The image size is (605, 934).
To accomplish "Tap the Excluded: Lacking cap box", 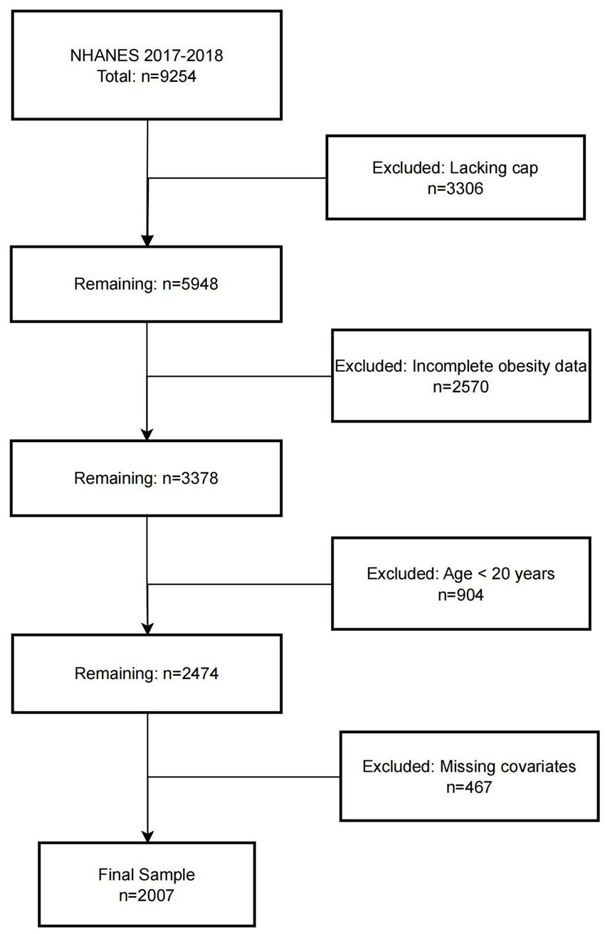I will coord(456,178).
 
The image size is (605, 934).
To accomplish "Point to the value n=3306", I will coord(456,188).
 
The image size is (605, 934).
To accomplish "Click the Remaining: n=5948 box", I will coord(147,283).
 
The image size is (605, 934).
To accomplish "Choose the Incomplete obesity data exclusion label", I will coord(461,367).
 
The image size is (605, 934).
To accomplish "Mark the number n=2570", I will coord(461,385).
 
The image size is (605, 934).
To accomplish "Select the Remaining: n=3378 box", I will coord(147,477).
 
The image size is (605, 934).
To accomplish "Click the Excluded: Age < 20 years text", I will coord(461,574).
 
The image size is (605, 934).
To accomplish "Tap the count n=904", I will coord(461,595).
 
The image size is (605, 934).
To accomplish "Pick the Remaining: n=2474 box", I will coord(147,672).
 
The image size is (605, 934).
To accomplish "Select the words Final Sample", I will coord(147,874).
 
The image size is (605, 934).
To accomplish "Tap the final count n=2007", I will coord(147,894).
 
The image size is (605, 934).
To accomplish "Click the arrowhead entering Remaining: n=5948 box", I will coord(147,239).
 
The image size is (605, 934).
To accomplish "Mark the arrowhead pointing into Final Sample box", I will coord(147,836).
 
